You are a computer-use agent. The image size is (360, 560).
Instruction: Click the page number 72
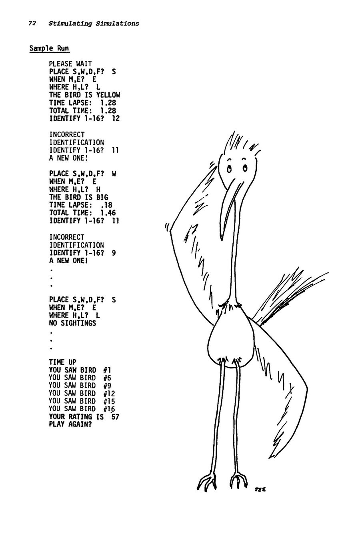pyautogui.click(x=32, y=24)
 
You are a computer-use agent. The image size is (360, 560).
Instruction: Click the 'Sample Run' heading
pyautogui.click(x=49, y=48)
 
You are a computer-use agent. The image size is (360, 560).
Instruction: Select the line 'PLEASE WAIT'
pyautogui.click(x=70, y=64)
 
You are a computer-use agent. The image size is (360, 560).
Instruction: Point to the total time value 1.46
pyautogui.click(x=108, y=213)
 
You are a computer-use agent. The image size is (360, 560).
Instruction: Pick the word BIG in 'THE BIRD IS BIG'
pyautogui.click(x=102, y=197)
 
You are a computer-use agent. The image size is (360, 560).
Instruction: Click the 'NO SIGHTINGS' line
pyautogui.click(x=72, y=323)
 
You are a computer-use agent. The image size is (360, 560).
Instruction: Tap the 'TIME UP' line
pyautogui.click(x=62, y=362)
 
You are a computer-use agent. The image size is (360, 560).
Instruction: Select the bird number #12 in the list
pyautogui.click(x=109, y=394)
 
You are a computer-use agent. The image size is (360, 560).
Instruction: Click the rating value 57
pyautogui.click(x=115, y=417)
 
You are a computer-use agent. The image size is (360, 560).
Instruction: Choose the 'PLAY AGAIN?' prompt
pyautogui.click(x=70, y=424)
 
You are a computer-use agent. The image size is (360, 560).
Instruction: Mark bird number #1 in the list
pyautogui.click(x=107, y=370)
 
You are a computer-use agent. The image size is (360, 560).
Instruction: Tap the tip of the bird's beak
pyautogui.click(x=222, y=240)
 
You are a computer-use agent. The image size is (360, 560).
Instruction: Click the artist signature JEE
pyautogui.click(x=260, y=490)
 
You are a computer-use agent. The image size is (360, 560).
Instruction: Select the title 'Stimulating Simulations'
pyautogui.click(x=94, y=24)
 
